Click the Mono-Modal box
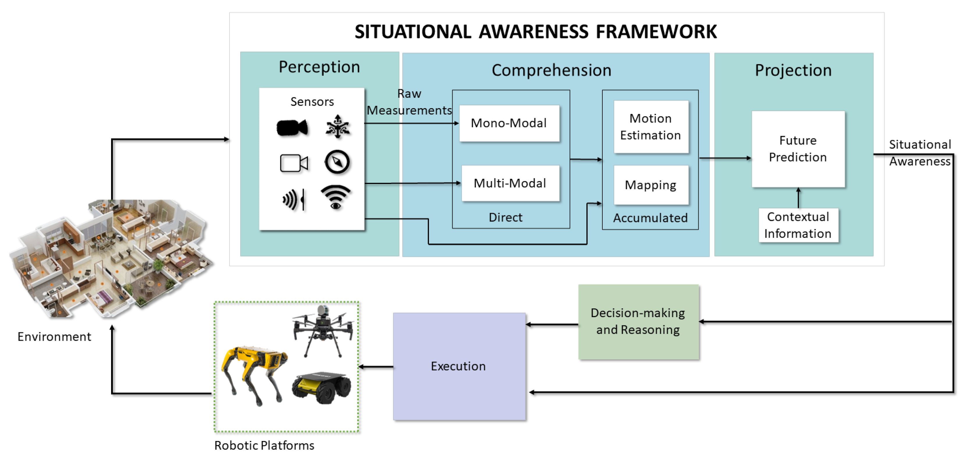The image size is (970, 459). click(509, 123)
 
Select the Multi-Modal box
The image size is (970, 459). click(510, 183)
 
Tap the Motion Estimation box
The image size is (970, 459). click(651, 127)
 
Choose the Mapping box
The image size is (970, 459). click(651, 185)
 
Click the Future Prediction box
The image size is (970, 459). click(798, 149)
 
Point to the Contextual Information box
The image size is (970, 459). click(798, 225)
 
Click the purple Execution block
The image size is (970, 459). click(459, 366)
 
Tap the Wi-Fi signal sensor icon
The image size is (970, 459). click(336, 197)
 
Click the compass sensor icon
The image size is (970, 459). click(337, 162)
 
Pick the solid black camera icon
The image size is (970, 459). click(292, 128)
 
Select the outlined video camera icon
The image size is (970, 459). click(294, 163)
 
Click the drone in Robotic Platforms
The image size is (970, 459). click(323, 329)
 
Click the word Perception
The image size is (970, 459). click(319, 67)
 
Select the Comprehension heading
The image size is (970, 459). click(551, 70)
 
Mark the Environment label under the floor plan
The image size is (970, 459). click(54, 336)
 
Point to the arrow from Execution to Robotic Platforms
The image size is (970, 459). click(376, 367)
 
